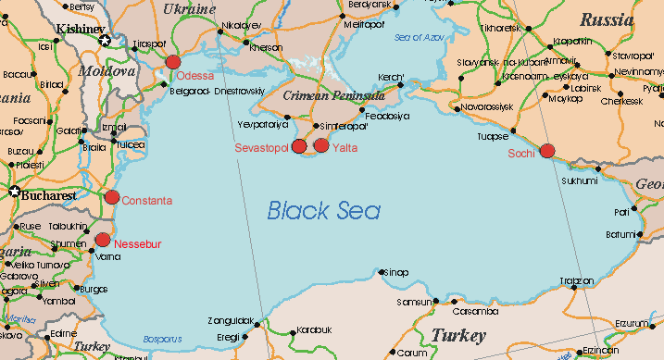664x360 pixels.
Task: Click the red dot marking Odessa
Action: [x=172, y=62]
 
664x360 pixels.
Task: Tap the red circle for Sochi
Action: [x=546, y=150]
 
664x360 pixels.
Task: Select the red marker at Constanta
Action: [x=112, y=196]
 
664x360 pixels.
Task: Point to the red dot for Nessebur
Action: [x=102, y=240]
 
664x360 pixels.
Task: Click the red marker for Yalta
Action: [x=321, y=144]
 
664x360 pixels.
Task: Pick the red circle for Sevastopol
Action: [x=299, y=145]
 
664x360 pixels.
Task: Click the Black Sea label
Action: [x=324, y=211]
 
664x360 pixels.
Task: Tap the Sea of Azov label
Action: [x=420, y=38]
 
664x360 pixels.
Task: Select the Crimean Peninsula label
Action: [x=332, y=95]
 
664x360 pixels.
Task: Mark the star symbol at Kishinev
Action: [x=105, y=40]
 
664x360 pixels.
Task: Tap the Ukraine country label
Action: [x=189, y=8]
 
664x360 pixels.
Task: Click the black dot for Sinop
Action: [x=382, y=271]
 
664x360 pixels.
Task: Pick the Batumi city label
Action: [x=620, y=233]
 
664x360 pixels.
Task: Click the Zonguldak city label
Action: [x=232, y=320]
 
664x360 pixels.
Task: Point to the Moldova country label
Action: [x=106, y=69]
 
